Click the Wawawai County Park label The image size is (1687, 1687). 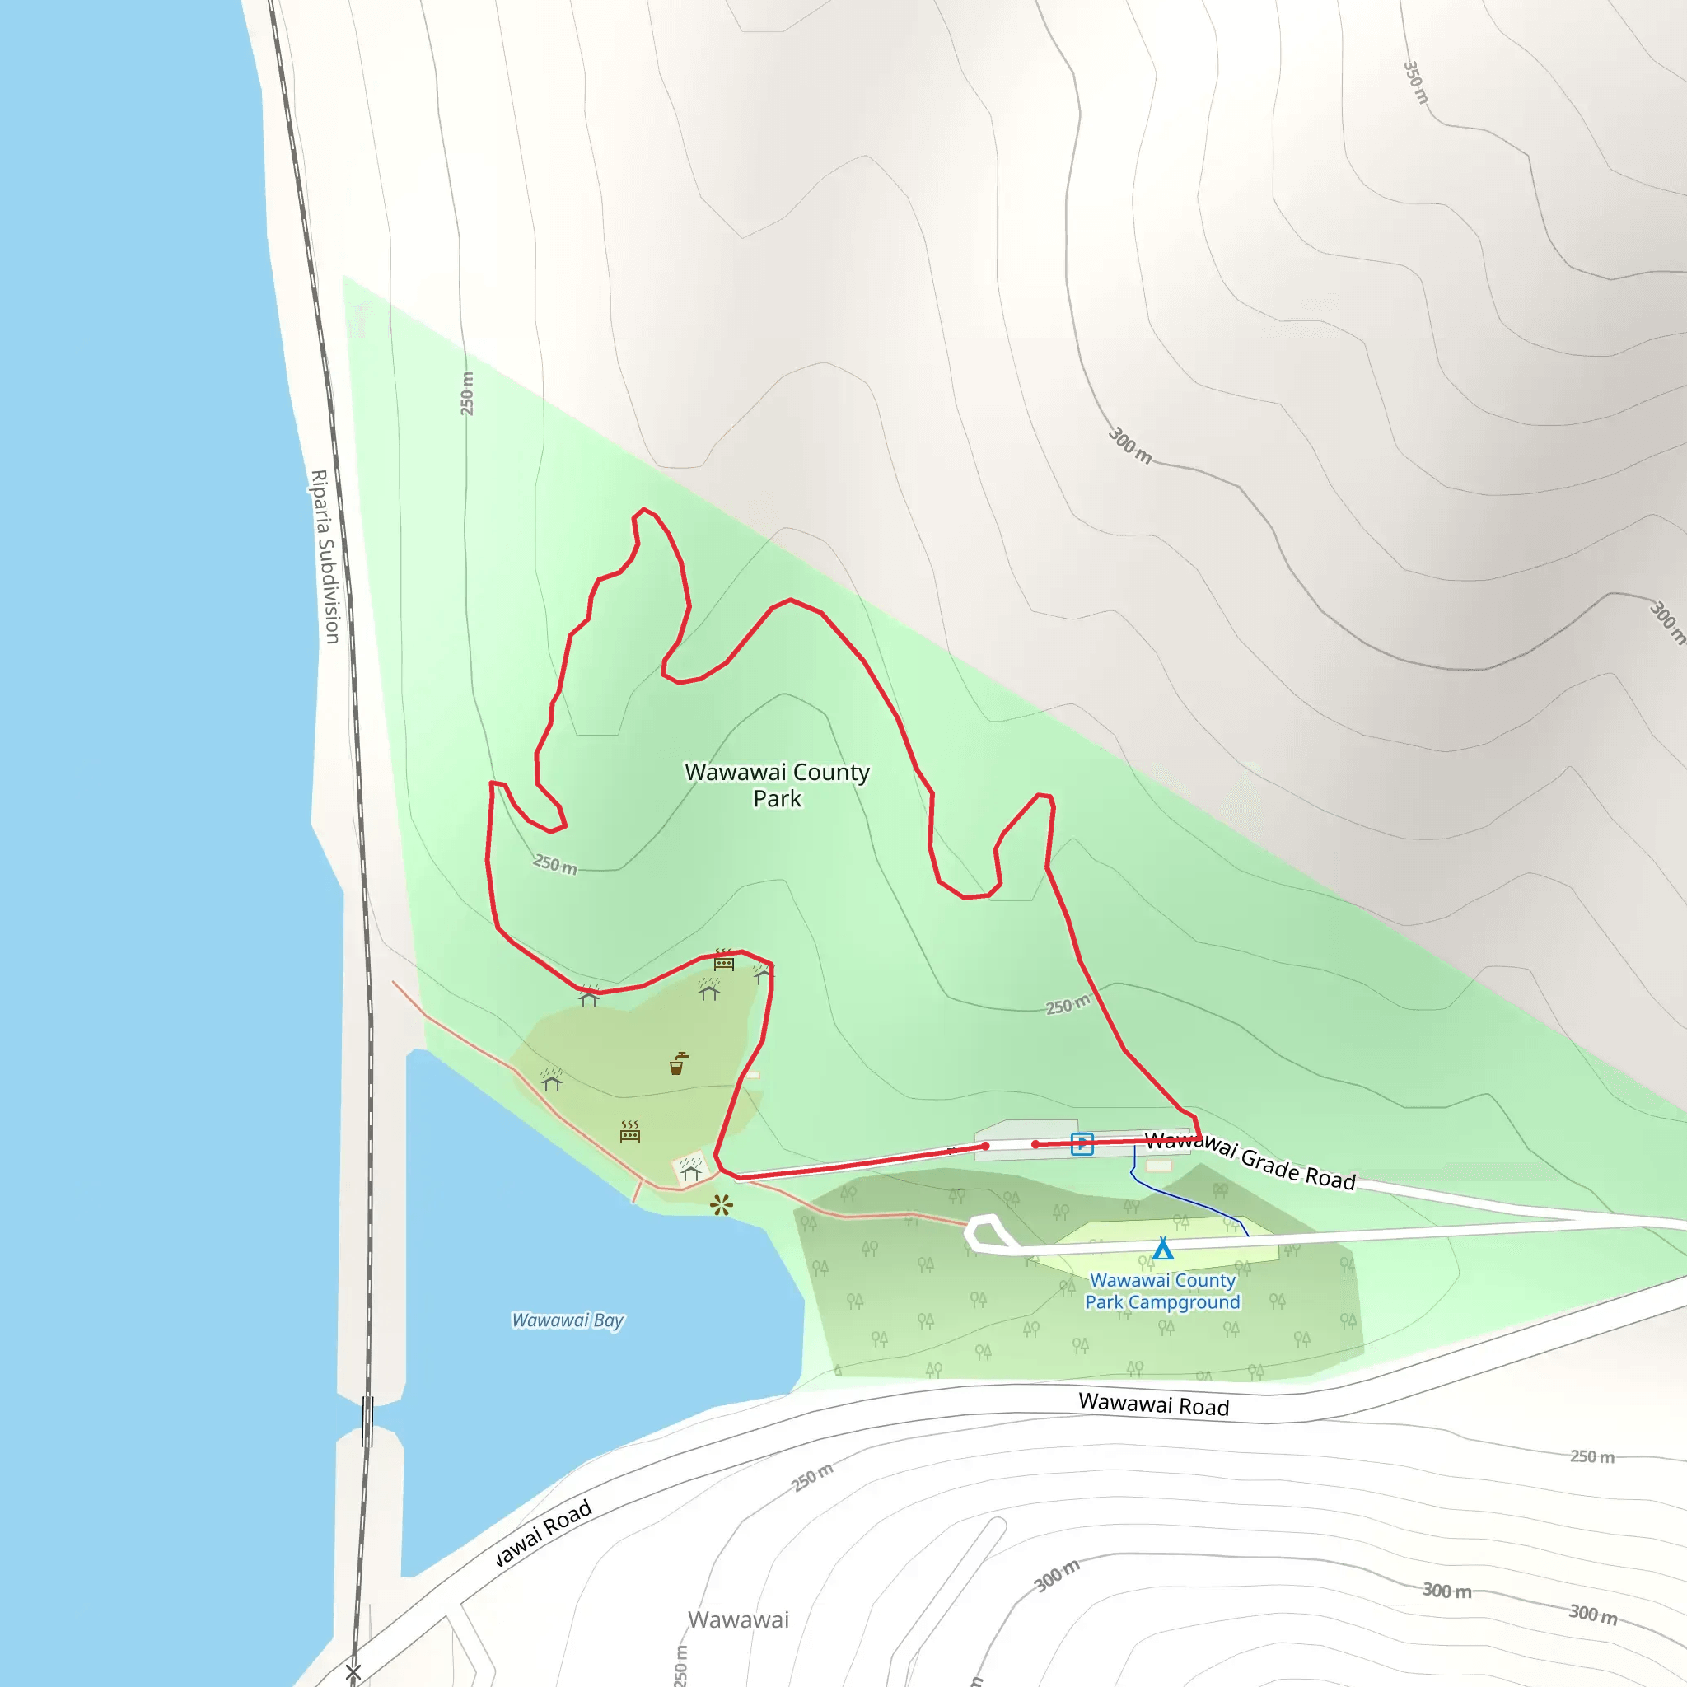coord(776,785)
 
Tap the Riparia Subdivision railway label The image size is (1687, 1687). coord(325,556)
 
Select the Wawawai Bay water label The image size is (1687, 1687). coord(568,1320)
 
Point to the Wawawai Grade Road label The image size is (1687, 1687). coord(1250,1160)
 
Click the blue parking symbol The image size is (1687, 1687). coord(1082,1143)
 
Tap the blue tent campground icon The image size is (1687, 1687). coord(1162,1249)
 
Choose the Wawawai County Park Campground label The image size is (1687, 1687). coord(1162,1291)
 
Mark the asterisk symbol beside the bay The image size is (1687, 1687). coord(722,1206)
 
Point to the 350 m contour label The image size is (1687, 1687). coord(1415,82)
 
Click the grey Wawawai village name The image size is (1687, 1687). coord(738,1619)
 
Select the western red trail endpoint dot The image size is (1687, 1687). coord(985,1147)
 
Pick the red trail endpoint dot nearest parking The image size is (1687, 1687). coord(1035,1144)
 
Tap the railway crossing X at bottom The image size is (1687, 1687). coord(353,1671)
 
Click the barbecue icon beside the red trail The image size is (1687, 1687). coord(724,960)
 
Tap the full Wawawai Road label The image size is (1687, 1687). coord(1153,1405)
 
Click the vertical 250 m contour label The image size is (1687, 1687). coord(467,393)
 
